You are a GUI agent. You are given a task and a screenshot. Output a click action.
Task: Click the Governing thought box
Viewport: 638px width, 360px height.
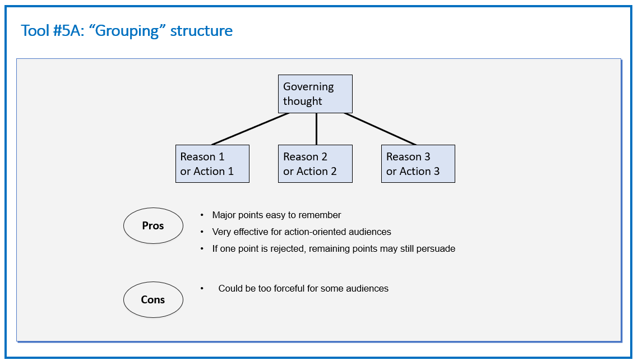[x=315, y=94]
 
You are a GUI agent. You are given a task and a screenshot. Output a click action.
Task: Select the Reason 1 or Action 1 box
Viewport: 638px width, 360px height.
[x=212, y=164]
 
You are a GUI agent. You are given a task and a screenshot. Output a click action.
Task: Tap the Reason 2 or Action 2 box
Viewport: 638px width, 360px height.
[x=315, y=164]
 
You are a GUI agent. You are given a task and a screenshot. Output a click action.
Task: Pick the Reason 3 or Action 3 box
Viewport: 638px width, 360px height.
[x=418, y=164]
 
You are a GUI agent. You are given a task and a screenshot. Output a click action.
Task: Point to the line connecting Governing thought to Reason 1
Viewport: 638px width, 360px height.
[x=250, y=129]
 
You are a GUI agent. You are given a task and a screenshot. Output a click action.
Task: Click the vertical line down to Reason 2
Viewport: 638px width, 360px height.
[x=316, y=129]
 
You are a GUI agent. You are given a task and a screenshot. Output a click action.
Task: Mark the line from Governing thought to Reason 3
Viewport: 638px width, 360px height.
[x=380, y=129]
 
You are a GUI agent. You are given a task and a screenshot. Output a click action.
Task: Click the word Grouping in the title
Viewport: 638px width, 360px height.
[x=127, y=31]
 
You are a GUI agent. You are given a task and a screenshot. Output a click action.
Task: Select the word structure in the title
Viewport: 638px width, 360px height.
[x=201, y=31]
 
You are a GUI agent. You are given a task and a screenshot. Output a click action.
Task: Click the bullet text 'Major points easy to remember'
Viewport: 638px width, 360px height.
[x=277, y=215]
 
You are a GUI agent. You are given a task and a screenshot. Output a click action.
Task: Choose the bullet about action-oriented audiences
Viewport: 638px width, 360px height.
[x=302, y=232]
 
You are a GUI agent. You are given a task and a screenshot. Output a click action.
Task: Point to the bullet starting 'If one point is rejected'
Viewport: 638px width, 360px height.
[x=334, y=248]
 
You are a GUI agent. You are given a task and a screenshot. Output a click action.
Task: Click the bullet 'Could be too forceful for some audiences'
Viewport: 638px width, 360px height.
[x=303, y=288]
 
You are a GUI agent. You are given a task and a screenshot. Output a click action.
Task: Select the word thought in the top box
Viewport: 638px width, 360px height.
[x=302, y=101]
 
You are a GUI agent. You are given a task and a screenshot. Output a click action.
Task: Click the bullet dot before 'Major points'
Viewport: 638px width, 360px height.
[x=202, y=215]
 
